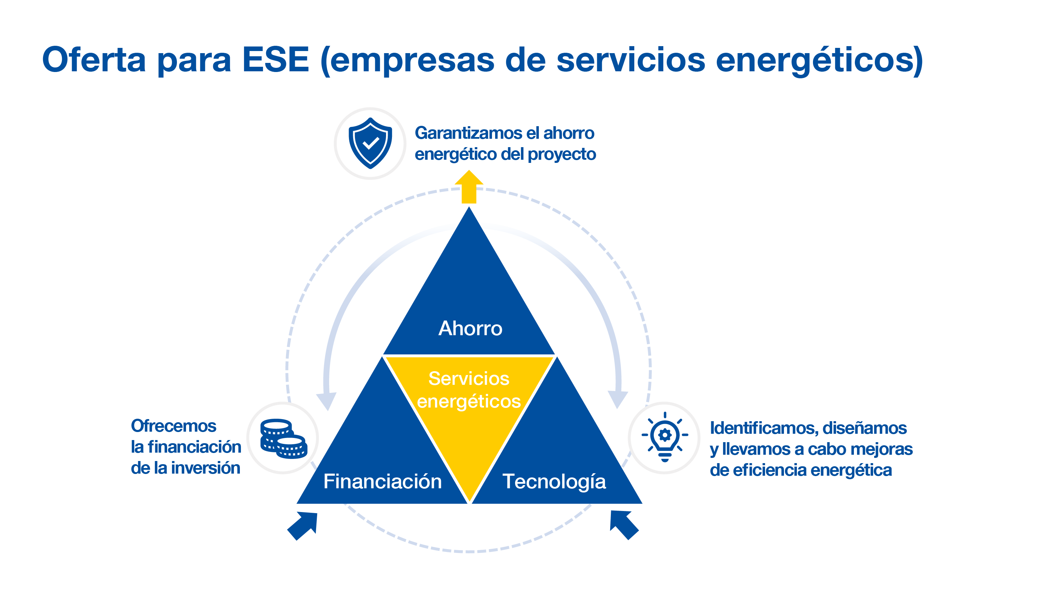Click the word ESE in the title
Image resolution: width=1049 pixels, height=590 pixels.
[x=275, y=59]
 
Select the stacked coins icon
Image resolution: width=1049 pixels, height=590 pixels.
[x=284, y=439]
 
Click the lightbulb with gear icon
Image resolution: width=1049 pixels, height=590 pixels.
[x=665, y=437]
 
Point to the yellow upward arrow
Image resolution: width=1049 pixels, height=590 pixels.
[x=469, y=187]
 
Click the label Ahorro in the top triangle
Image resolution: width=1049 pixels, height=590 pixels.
[x=470, y=329]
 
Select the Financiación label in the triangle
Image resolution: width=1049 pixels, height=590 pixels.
[x=383, y=481]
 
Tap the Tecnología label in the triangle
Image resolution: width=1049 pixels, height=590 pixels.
[x=554, y=481]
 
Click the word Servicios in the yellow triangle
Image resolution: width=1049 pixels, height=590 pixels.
[x=469, y=379]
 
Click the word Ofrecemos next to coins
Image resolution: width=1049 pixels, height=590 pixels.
[x=173, y=426]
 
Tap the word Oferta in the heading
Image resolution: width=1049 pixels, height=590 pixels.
[x=94, y=59]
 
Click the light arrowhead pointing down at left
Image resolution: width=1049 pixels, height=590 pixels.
[x=327, y=401]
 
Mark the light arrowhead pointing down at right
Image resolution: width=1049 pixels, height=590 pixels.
[x=618, y=399]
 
